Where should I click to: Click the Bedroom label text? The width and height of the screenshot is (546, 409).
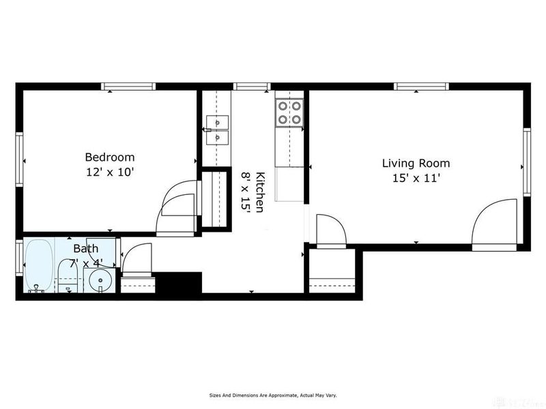(109, 157)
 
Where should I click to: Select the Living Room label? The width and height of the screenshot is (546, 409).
(416, 163)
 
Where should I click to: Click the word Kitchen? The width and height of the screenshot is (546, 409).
(260, 192)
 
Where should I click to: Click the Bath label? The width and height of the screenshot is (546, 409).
(86, 248)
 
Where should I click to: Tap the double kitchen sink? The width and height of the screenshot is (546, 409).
(218, 130)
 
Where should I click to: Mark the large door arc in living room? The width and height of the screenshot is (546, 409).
(495, 222)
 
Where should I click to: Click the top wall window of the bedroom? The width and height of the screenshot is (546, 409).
(128, 87)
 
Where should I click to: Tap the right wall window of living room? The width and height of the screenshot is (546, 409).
(527, 162)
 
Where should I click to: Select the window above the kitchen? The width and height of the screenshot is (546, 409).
(253, 87)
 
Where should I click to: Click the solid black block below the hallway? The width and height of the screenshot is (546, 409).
(179, 282)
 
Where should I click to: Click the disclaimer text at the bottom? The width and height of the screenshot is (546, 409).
(272, 395)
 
